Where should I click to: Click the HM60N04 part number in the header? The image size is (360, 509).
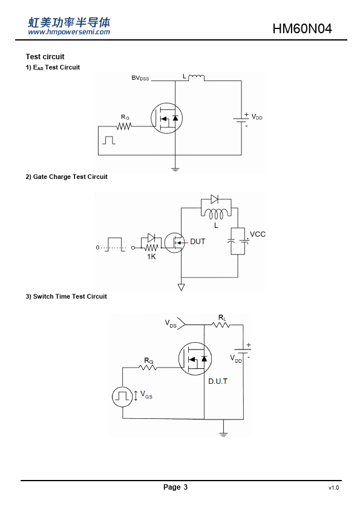[302, 28]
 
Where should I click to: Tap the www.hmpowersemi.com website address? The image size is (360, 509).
[69, 32]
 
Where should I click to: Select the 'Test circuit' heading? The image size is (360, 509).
[45, 56]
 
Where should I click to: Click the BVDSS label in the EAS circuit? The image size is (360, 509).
[140, 78]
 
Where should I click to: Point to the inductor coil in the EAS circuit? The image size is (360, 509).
[197, 77]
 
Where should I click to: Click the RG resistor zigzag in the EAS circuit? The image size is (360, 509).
[124, 126]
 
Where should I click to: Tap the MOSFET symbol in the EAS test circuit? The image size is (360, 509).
[166, 118]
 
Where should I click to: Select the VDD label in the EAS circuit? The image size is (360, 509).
[257, 117]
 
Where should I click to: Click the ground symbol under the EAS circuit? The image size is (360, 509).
[175, 169]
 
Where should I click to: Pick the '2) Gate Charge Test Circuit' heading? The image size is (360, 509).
[67, 177]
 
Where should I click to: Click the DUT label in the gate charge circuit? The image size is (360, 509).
[197, 242]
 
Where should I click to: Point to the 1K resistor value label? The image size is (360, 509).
[151, 256]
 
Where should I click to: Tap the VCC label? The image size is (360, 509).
[258, 234]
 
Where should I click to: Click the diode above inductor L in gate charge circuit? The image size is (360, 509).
[214, 199]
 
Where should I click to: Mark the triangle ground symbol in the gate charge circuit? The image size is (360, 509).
[182, 287]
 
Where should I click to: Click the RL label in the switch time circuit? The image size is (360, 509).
[222, 318]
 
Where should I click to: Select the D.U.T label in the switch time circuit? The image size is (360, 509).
[218, 381]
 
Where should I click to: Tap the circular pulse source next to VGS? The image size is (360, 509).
[122, 397]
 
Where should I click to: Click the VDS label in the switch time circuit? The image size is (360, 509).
[171, 323]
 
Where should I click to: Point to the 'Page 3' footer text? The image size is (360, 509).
[175, 487]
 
